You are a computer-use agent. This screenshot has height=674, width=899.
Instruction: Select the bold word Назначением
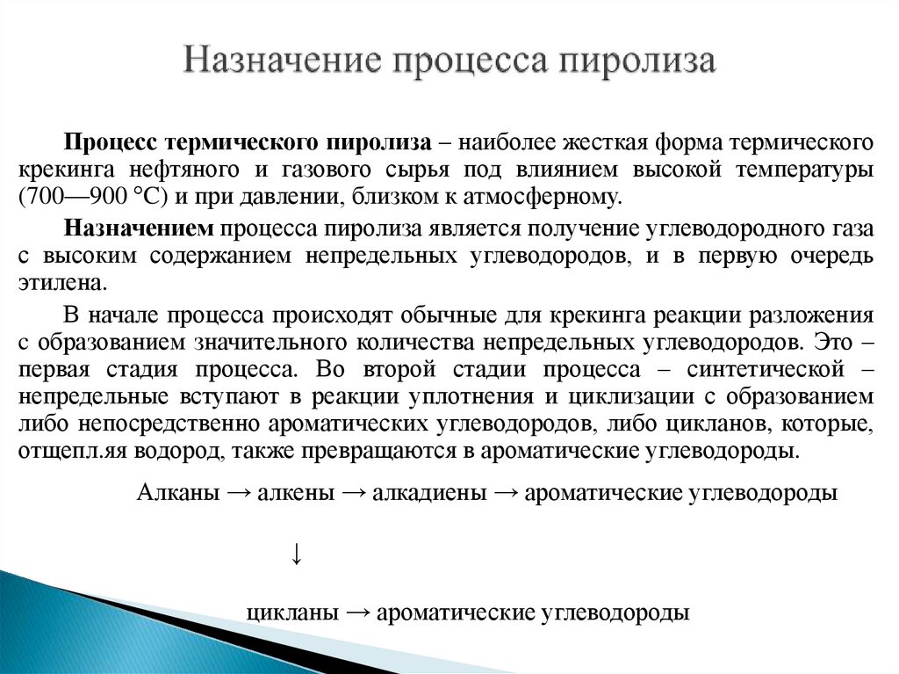[x=139, y=229]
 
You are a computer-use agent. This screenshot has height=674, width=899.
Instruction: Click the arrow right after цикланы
[x=356, y=612]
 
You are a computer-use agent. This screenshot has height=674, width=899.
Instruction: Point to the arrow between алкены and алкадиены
[x=353, y=493]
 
